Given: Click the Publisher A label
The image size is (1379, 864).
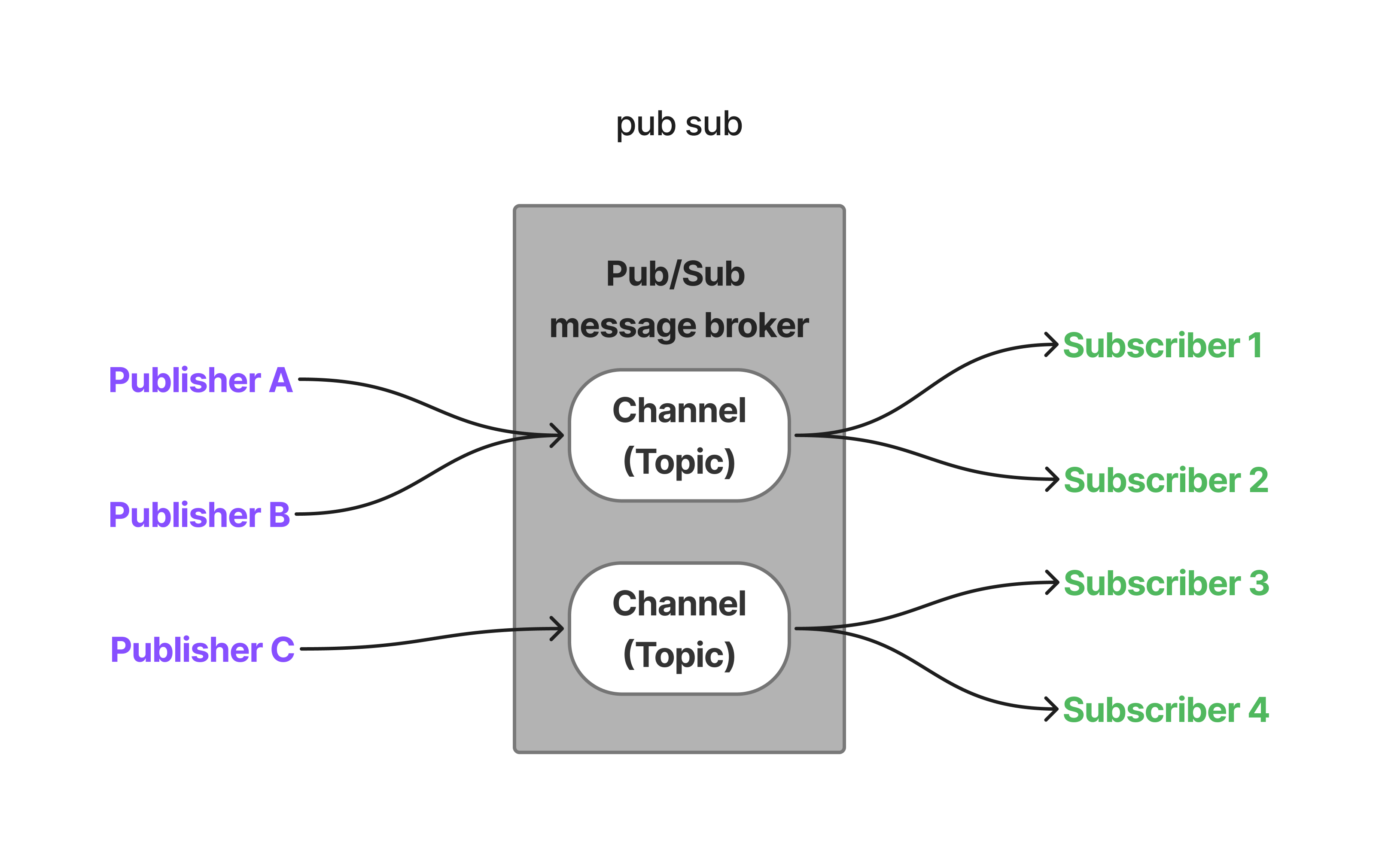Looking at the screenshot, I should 200,380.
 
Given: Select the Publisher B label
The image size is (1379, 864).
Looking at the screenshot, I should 199,514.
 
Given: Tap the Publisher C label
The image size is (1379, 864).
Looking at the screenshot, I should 202,649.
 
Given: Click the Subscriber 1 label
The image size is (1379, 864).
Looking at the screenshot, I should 1162,345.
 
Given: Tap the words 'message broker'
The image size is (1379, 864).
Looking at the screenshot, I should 679,325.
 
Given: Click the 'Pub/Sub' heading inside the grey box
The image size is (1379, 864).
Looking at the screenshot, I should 675,273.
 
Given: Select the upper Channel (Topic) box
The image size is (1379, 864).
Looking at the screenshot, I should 679,435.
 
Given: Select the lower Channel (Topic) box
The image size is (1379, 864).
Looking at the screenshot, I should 679,629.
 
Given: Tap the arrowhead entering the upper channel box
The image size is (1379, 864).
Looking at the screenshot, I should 557,435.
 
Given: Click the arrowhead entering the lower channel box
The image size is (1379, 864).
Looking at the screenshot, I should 557,629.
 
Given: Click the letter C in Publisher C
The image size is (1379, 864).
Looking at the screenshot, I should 282,649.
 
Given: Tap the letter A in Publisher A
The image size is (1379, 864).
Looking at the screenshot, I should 280,380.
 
